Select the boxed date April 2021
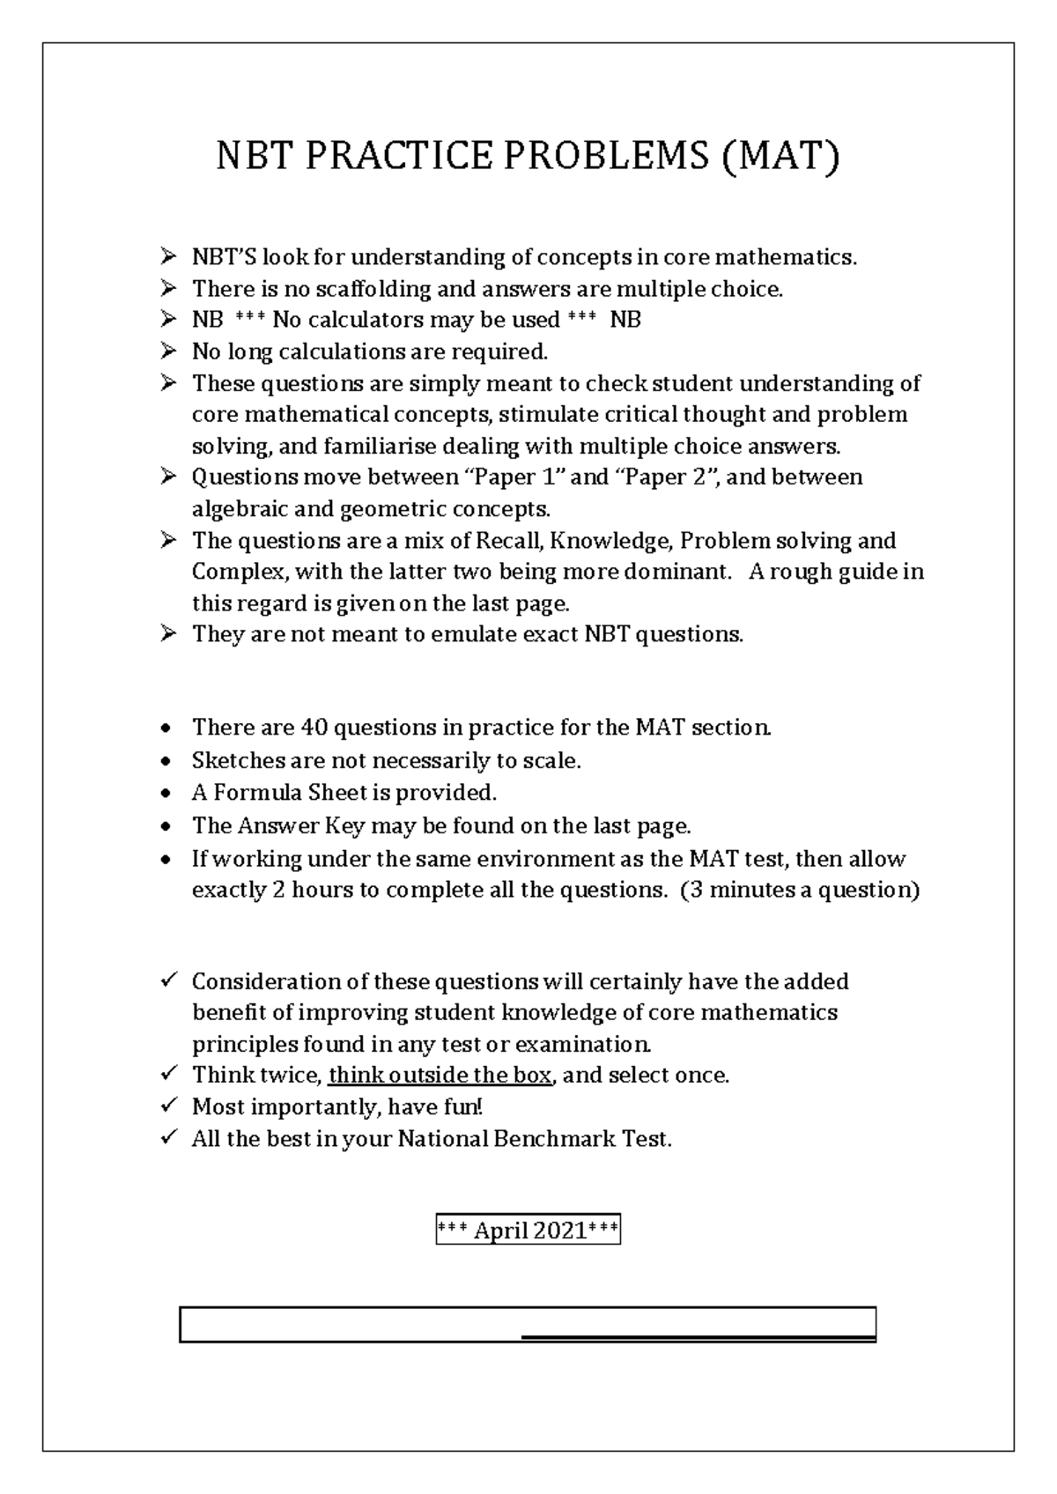tap(528, 1231)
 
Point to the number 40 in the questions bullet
tap(314, 728)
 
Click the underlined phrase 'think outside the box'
tap(440, 1076)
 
